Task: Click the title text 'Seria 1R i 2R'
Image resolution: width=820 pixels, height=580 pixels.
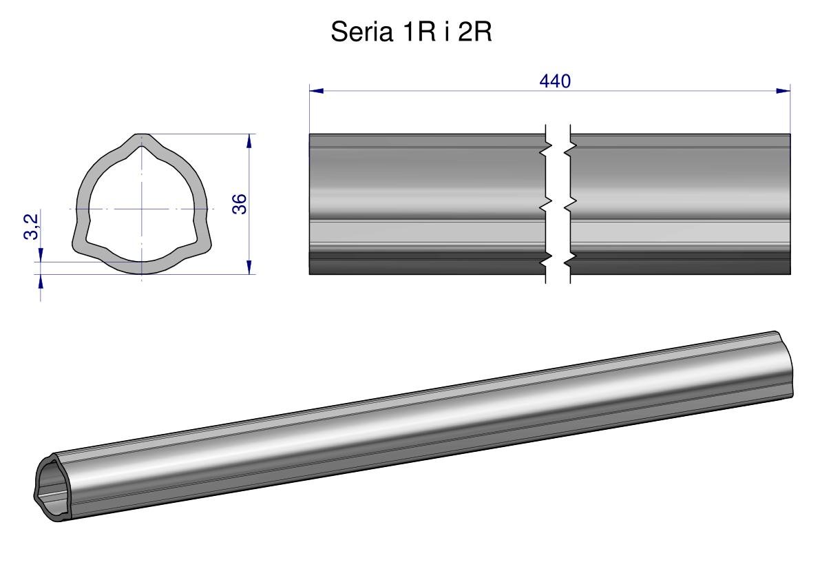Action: coord(411,32)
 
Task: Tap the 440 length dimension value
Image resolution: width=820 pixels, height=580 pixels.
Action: coord(555,81)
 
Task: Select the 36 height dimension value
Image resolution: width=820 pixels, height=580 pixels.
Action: coord(239,204)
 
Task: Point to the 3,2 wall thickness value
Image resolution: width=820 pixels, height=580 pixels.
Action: coord(32,227)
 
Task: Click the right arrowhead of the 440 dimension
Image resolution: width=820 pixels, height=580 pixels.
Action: coord(784,91)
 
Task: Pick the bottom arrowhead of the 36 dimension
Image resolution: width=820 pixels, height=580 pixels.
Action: coord(249,267)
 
